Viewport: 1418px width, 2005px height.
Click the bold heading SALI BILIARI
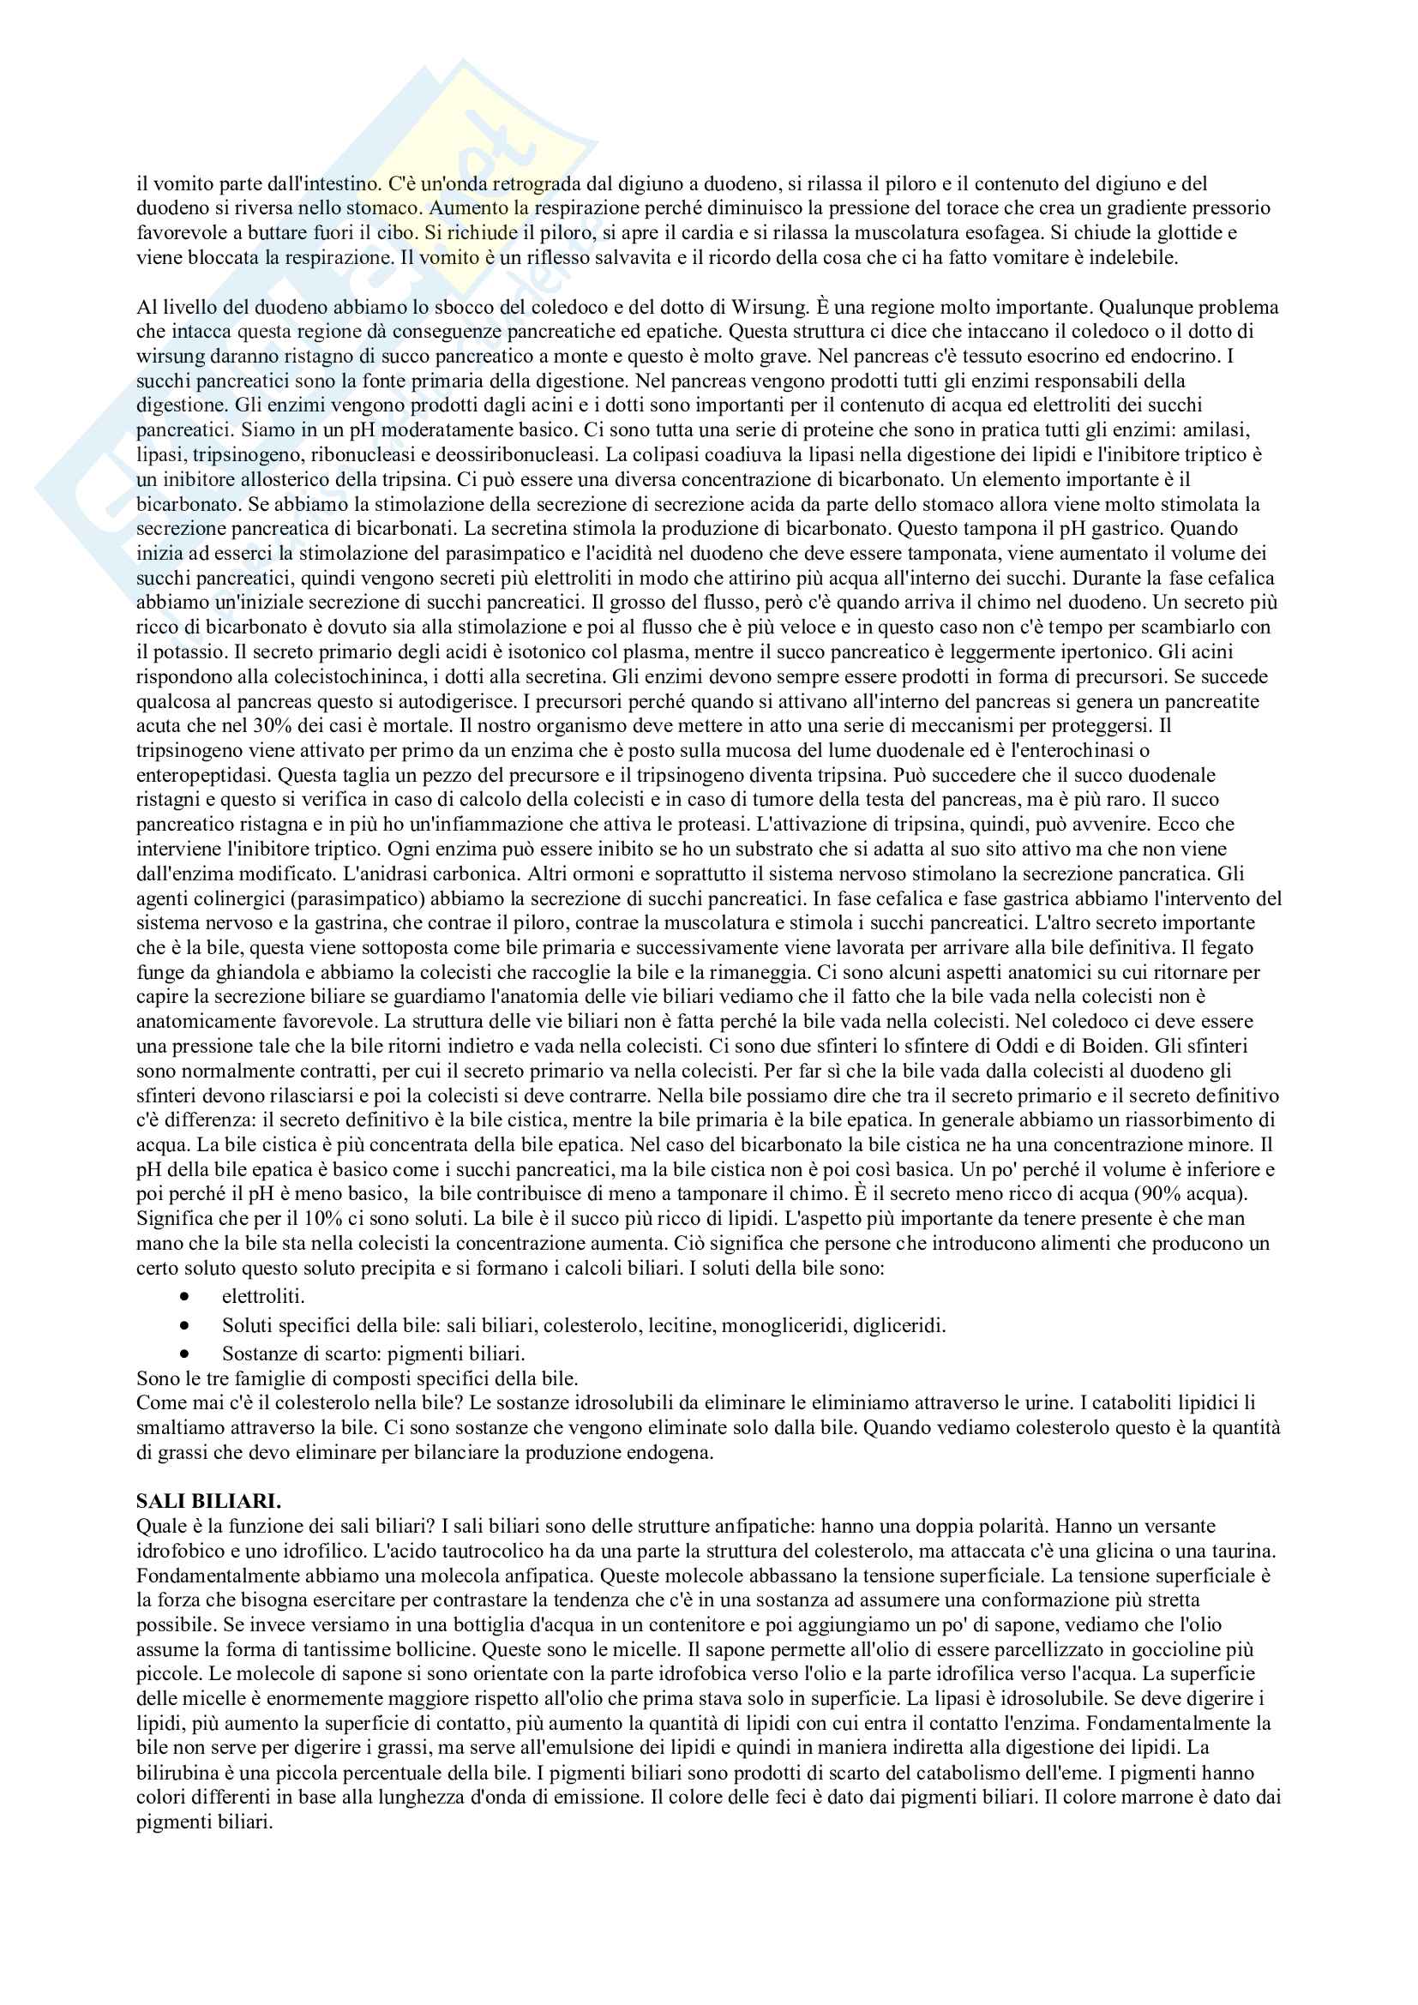click(x=207, y=1501)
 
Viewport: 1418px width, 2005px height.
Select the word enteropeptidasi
click(x=203, y=775)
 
